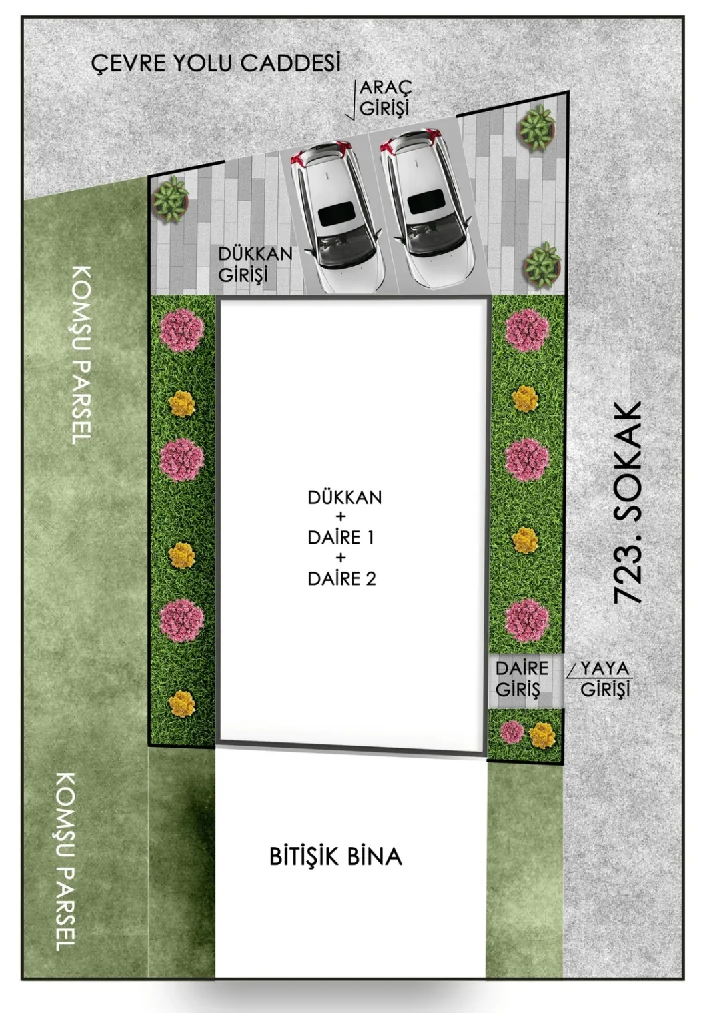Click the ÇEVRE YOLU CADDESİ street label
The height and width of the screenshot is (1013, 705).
(216, 63)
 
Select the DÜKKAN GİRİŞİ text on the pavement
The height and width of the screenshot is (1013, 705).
(255, 265)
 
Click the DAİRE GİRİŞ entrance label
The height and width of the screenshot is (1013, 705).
(522, 679)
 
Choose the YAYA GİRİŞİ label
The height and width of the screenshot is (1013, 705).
(604, 679)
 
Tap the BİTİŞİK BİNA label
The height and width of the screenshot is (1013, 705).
(336, 856)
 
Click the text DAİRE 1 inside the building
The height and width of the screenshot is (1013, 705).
(341, 538)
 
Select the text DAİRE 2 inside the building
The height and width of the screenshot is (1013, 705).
(341, 579)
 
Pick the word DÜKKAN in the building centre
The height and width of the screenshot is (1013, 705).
(345, 497)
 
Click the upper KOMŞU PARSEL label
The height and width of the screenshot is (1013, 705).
(82, 355)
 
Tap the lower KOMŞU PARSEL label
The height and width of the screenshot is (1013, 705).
(65, 862)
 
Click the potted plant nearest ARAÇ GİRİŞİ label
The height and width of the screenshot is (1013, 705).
(537, 127)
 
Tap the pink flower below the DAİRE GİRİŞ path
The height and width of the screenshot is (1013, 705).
(512, 732)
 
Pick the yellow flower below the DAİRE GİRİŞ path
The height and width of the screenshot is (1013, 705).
(542, 735)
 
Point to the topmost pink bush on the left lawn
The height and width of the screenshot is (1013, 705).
(181, 330)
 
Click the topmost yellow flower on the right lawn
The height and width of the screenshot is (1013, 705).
(525, 399)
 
